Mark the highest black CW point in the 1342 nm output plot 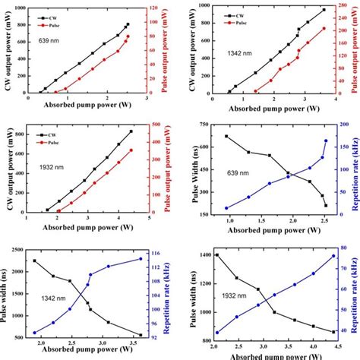[323, 11]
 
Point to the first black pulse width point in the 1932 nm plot [216, 255]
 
